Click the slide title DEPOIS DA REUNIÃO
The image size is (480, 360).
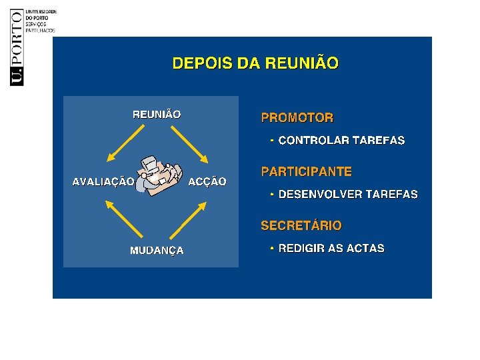tap(255, 64)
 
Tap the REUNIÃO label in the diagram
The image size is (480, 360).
tap(157, 115)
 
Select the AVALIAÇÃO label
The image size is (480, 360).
tap(103, 181)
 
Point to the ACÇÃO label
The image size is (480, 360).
tap(207, 181)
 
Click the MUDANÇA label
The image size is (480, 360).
tap(157, 251)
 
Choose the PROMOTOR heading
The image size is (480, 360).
tap(297, 118)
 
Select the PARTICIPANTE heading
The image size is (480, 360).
tap(306, 171)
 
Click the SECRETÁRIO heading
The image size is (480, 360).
tap(301, 225)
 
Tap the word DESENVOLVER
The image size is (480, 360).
tap(319, 195)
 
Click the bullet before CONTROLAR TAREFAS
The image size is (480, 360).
tap(272, 141)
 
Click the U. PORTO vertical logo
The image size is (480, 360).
tap(17, 47)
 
